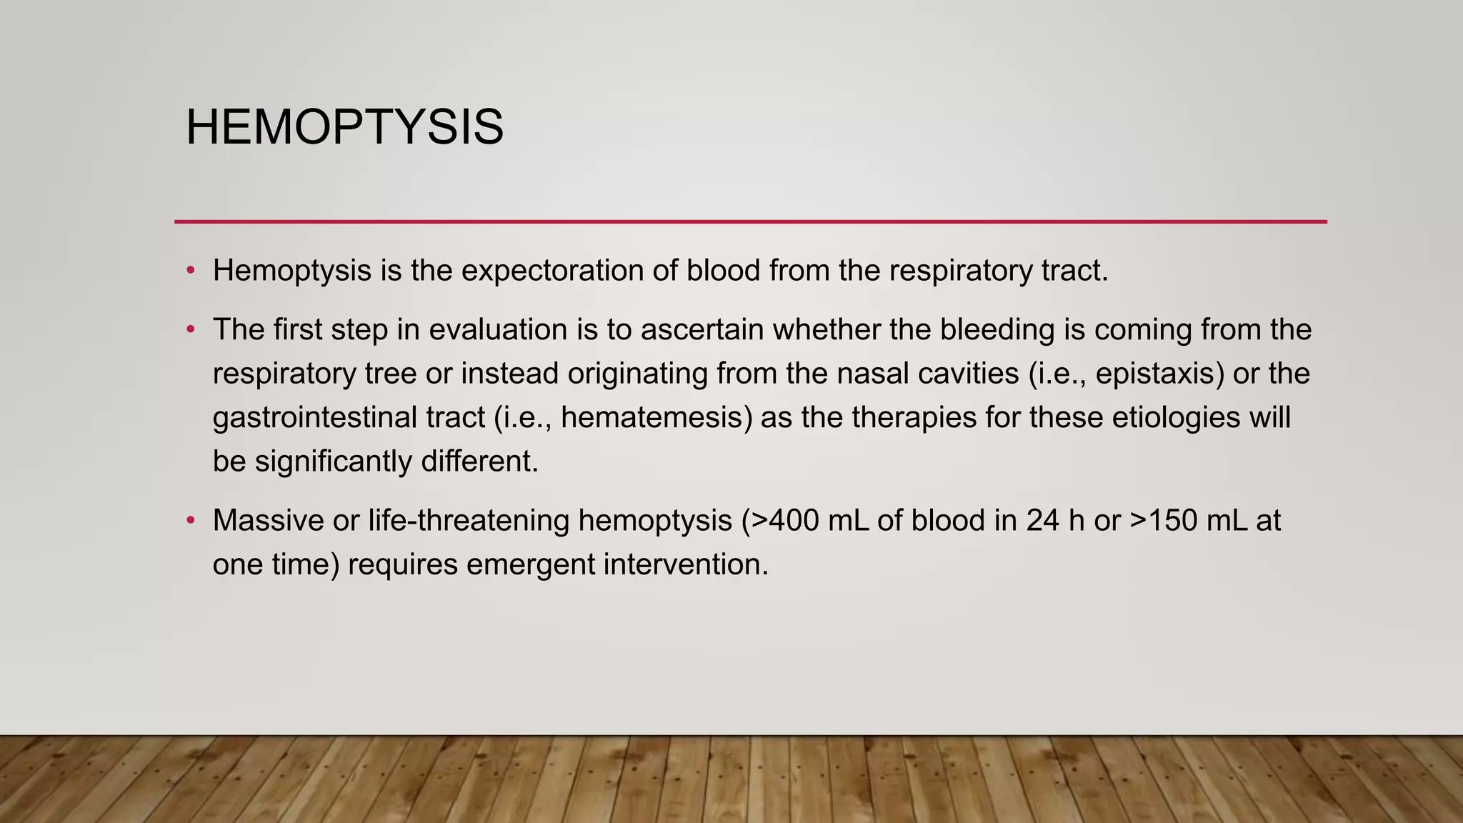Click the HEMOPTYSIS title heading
click(x=344, y=127)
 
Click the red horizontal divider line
click(x=750, y=221)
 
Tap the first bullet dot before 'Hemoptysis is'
click(x=190, y=271)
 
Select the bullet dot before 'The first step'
click(x=190, y=330)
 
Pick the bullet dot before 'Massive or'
click(x=190, y=521)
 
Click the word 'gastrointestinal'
click(x=314, y=418)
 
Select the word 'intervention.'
click(x=686, y=565)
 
